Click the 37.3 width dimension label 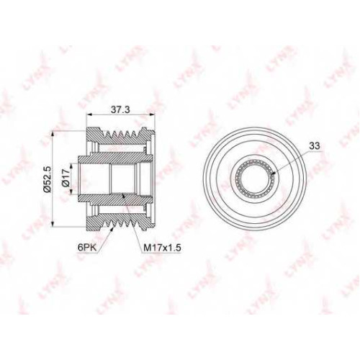tap(120, 109)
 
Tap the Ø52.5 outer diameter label tap(48, 179)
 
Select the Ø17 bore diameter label tap(66, 178)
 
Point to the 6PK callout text tap(87, 248)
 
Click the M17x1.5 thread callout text tap(162, 248)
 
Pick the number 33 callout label tap(315, 145)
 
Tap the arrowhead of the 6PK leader tap(112, 229)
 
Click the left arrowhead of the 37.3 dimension tap(89, 114)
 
